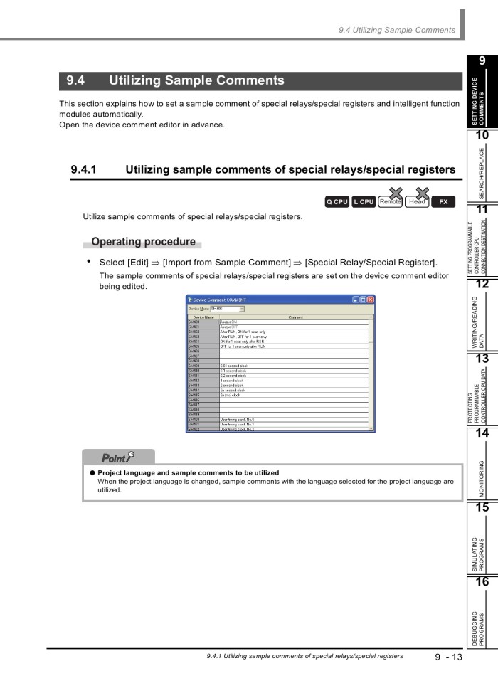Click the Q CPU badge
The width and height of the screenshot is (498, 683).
click(337, 202)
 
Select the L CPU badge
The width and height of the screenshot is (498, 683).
click(363, 202)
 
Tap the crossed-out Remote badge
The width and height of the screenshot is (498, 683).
click(390, 201)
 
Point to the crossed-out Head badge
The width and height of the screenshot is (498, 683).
click(417, 201)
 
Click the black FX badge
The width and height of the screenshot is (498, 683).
click(443, 202)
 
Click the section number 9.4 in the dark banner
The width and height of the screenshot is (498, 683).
click(76, 81)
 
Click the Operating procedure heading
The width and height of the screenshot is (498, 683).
click(143, 242)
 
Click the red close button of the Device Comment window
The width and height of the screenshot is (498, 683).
click(369, 300)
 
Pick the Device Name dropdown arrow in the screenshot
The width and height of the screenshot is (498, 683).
click(242, 309)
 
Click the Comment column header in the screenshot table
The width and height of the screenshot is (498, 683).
click(296, 317)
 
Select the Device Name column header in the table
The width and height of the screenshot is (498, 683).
click(201, 317)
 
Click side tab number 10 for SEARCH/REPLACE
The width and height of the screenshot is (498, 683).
click(482, 135)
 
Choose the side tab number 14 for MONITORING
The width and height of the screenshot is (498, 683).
click(482, 433)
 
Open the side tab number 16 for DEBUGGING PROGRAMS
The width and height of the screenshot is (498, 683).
click(482, 581)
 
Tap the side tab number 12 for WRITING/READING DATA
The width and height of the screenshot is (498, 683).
click(482, 284)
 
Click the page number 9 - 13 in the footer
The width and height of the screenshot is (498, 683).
click(448, 657)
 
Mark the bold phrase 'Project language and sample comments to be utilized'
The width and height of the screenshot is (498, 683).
click(188, 472)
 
